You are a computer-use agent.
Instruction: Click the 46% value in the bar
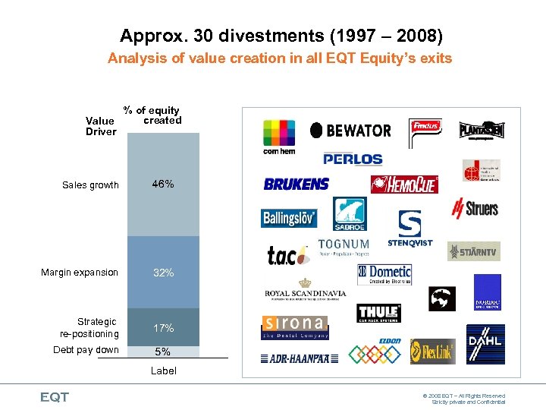click(x=163, y=184)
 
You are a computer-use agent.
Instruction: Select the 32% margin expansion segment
click(x=163, y=273)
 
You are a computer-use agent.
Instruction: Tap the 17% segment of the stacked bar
click(x=163, y=328)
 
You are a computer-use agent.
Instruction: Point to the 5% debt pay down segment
click(x=163, y=352)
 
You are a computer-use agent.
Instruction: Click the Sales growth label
click(x=90, y=185)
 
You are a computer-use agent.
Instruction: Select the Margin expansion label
click(x=80, y=273)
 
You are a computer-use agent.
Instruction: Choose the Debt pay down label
click(x=86, y=350)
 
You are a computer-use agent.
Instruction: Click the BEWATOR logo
click(x=350, y=131)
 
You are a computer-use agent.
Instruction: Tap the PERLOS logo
click(x=353, y=159)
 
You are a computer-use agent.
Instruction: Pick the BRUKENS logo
click(x=296, y=184)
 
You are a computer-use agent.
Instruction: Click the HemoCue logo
click(x=404, y=184)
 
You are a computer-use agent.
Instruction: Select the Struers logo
click(x=475, y=207)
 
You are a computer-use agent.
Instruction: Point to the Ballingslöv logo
click(x=289, y=219)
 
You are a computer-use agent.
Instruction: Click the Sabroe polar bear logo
click(x=350, y=214)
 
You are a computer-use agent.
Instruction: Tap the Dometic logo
click(x=384, y=274)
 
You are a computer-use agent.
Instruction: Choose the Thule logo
click(x=378, y=313)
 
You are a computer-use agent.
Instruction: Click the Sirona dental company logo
click(x=293, y=327)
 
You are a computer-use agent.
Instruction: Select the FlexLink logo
click(x=433, y=352)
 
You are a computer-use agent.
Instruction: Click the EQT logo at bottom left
click(x=55, y=397)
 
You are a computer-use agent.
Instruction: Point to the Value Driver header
click(x=100, y=126)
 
